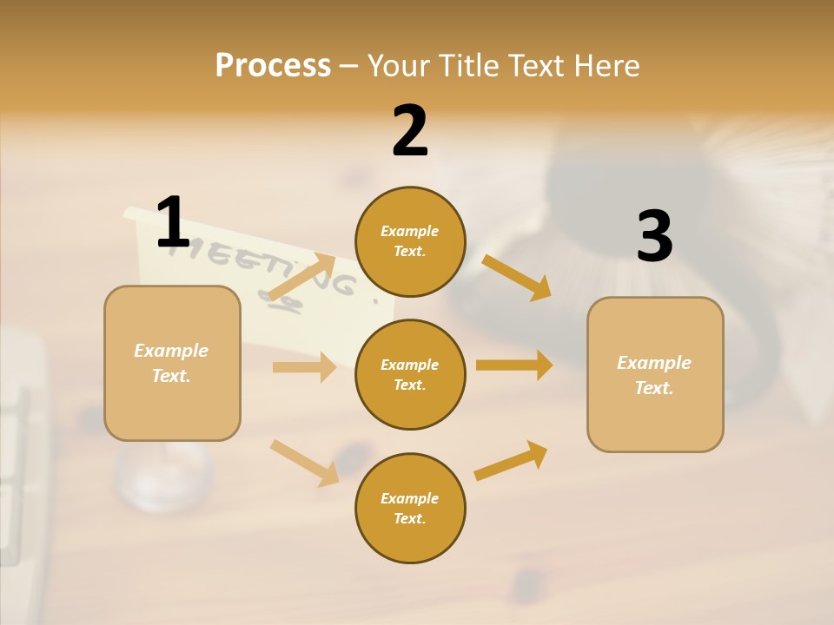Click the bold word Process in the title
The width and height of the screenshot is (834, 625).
(x=273, y=66)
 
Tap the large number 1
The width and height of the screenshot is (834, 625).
(x=173, y=223)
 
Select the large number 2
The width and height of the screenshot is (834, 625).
(x=410, y=131)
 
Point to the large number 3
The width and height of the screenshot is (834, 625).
(x=654, y=236)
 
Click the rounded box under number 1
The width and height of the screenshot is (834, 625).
(x=172, y=363)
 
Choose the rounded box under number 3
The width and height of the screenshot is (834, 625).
(x=655, y=374)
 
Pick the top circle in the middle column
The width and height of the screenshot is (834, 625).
(x=410, y=241)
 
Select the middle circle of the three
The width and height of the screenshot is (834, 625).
(x=410, y=374)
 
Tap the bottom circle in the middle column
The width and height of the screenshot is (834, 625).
(x=410, y=508)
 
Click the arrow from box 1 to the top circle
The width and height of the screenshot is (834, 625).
(x=301, y=276)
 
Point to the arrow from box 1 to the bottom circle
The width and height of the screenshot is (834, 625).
(x=304, y=462)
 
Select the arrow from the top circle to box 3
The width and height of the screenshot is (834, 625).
(x=516, y=277)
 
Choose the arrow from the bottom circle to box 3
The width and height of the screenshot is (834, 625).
(x=511, y=460)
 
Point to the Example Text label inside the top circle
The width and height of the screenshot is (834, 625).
(x=410, y=241)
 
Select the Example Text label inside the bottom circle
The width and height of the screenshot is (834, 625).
(x=410, y=508)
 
